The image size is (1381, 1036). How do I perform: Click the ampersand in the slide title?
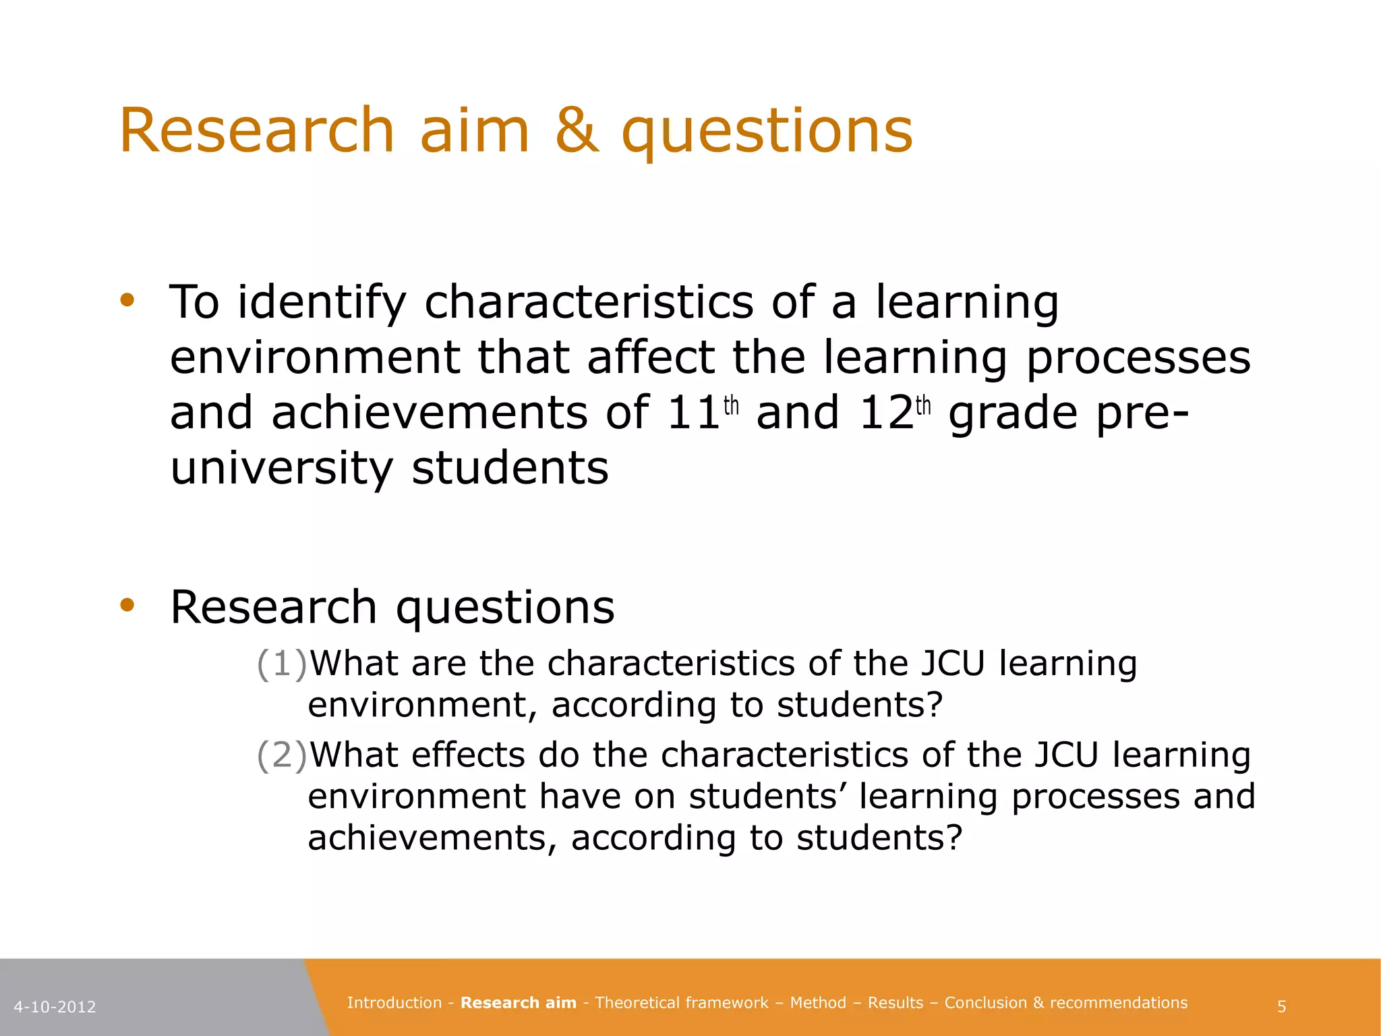coord(577,131)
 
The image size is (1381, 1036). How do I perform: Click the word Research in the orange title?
coord(256,131)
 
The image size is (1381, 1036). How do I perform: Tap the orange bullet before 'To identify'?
coord(127,300)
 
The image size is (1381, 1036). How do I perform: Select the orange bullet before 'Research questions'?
coord(127,605)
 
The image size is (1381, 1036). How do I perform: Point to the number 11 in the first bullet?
coord(693,413)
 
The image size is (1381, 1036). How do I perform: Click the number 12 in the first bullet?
coord(886,413)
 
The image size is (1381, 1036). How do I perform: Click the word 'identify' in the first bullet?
coord(322,303)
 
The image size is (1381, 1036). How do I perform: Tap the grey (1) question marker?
coord(281,664)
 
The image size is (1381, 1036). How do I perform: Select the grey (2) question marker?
coord(281,755)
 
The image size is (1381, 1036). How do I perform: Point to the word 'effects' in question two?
coord(468,755)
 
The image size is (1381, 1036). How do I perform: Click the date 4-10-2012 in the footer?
coord(55,1007)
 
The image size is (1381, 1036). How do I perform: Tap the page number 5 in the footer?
coord(1281,1007)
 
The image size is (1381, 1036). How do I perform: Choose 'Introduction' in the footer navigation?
coord(394,1003)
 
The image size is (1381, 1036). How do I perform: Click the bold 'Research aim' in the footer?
coord(518,1003)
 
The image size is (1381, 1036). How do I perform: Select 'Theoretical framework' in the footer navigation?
coord(681,1003)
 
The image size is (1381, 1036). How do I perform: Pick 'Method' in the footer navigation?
coord(817,1003)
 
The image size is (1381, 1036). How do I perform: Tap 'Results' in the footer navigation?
coord(895,1003)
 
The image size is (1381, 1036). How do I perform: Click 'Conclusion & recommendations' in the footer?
coord(1065,1003)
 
